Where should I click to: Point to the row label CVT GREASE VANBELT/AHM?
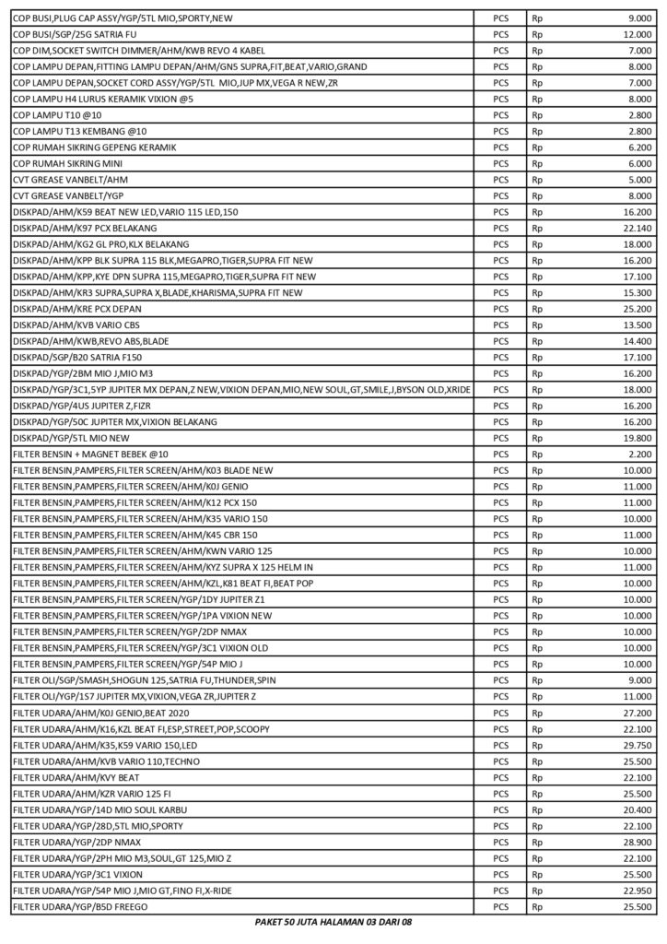[x=71, y=180]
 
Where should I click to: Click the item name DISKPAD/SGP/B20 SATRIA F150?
[x=78, y=357]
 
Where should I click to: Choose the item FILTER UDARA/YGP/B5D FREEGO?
[x=81, y=906]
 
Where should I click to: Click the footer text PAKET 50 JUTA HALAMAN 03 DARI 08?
[x=333, y=922]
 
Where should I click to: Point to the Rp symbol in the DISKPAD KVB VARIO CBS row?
[x=538, y=324]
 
